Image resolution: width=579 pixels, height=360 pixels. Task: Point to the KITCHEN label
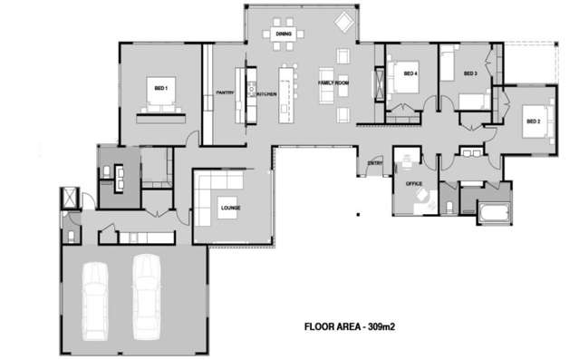click(x=265, y=93)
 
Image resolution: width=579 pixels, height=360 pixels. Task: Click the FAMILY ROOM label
click(x=333, y=83)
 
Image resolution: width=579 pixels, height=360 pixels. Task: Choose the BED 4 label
click(x=410, y=73)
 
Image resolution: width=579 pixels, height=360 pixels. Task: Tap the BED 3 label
click(x=469, y=73)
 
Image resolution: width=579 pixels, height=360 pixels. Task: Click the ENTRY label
click(x=374, y=164)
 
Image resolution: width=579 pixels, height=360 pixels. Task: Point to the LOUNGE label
click(x=230, y=208)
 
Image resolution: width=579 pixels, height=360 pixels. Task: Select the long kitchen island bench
click(x=288, y=92)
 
